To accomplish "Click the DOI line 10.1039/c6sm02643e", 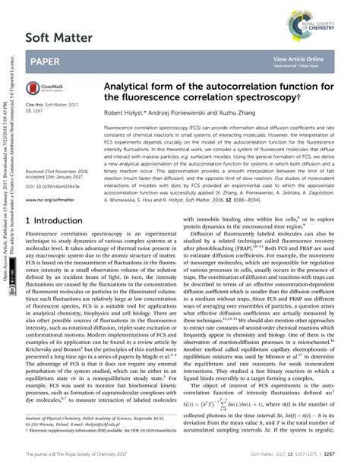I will tap(54, 165).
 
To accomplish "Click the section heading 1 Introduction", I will tap(58, 220).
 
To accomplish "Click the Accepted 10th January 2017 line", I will tap(52, 157).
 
